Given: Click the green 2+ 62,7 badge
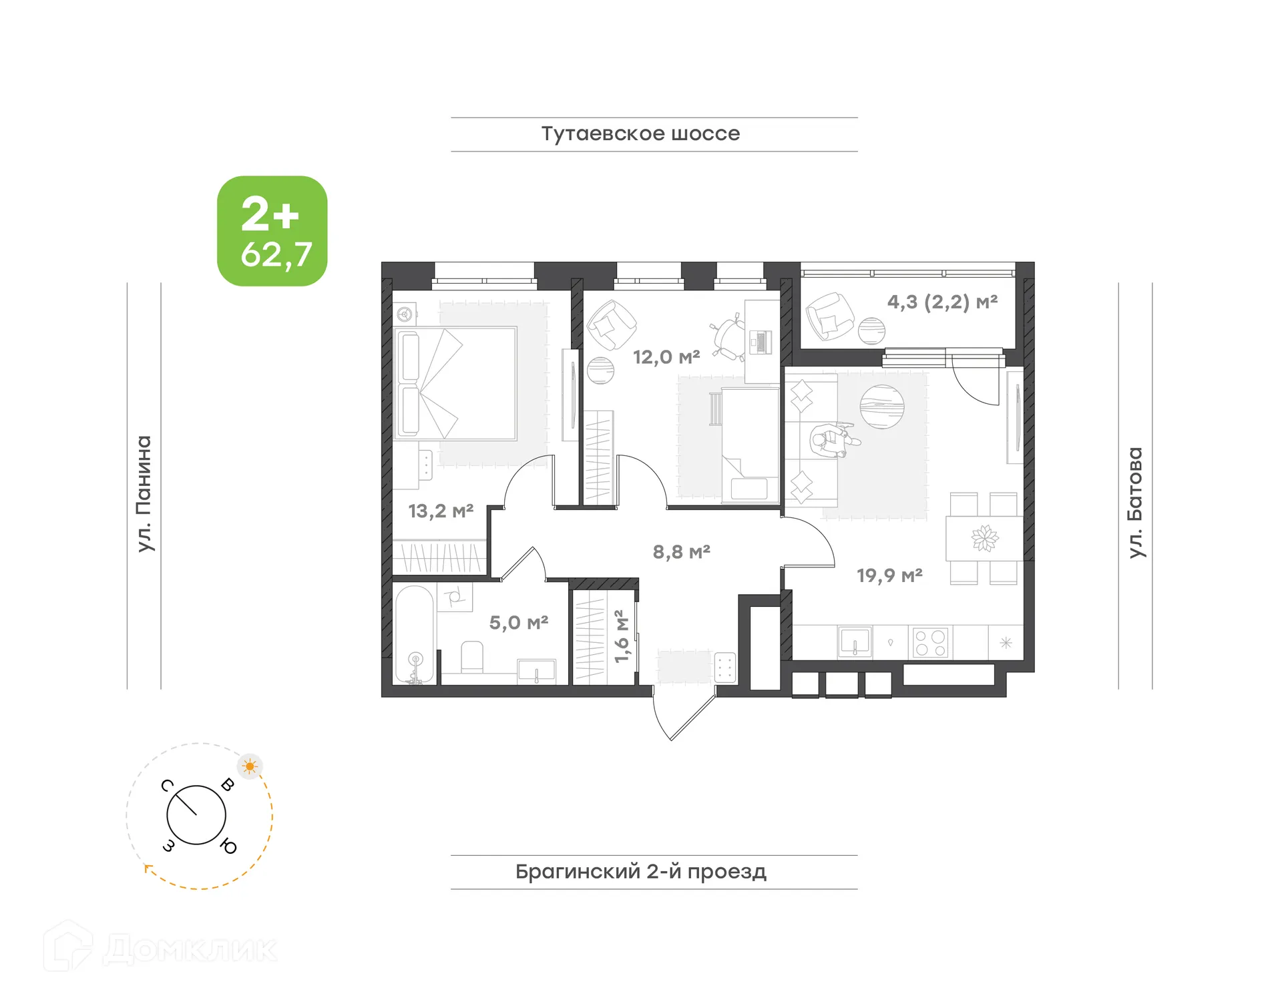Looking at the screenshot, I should [272, 231].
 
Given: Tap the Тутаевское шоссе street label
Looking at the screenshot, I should [640, 134].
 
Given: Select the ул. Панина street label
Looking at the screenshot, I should [144, 493].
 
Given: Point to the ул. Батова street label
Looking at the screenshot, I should [1134, 502].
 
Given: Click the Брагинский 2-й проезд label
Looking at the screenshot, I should [640, 871].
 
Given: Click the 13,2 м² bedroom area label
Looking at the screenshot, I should [441, 511].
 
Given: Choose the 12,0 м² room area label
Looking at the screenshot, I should [666, 357].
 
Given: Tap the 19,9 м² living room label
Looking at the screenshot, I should [889, 575].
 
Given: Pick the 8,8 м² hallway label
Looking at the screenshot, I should [681, 552].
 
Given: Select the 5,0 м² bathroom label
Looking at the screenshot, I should [518, 623].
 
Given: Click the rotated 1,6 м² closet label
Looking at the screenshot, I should [621, 636].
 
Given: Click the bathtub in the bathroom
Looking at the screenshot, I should [414, 635].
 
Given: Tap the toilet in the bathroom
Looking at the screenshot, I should [472, 658].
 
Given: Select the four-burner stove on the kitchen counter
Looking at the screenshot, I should [930, 643].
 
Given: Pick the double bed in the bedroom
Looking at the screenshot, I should [455, 383].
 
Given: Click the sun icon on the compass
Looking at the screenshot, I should [250, 766].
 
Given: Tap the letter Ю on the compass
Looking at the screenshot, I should [228, 846].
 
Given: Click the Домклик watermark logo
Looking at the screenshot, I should [160, 947].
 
